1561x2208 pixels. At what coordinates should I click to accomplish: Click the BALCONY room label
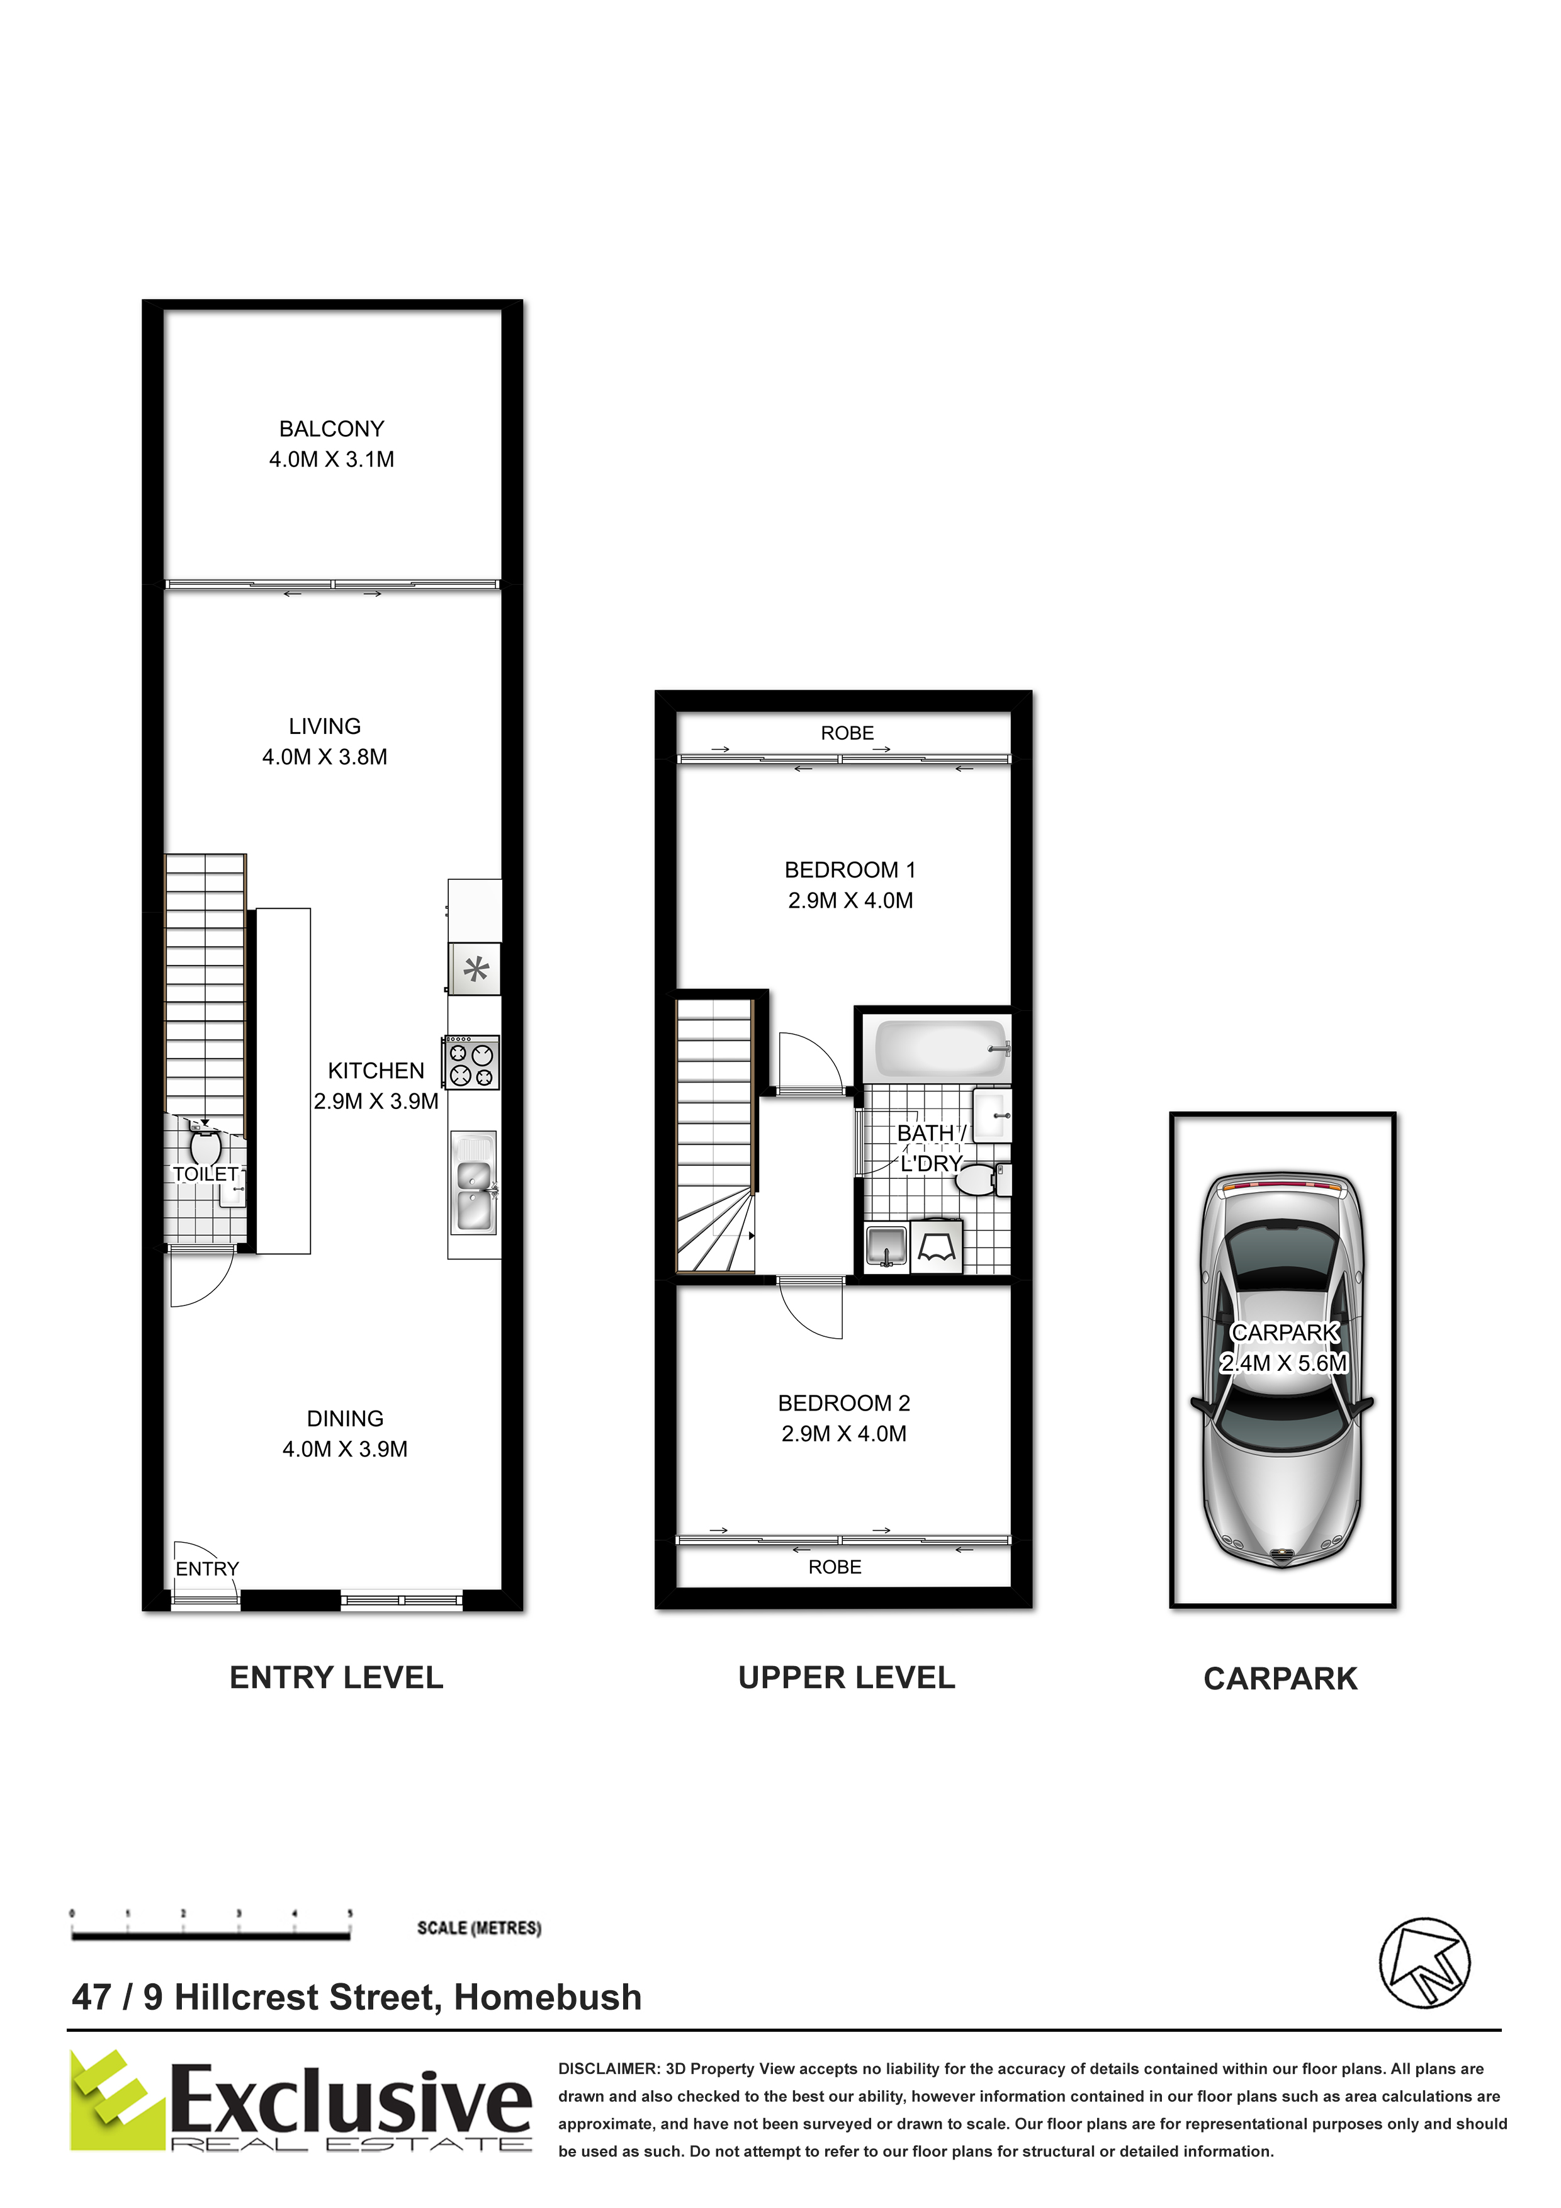click(332, 429)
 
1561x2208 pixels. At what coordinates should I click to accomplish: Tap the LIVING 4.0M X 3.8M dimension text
click(325, 757)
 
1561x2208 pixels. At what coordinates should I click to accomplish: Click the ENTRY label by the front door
click(207, 1569)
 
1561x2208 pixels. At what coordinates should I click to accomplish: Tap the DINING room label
click(346, 1419)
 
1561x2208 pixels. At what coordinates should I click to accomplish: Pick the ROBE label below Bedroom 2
click(835, 1567)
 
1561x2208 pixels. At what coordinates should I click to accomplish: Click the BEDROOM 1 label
click(850, 870)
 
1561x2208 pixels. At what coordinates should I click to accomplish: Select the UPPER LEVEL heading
click(847, 1678)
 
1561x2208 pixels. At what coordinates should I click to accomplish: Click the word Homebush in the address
click(548, 1997)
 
